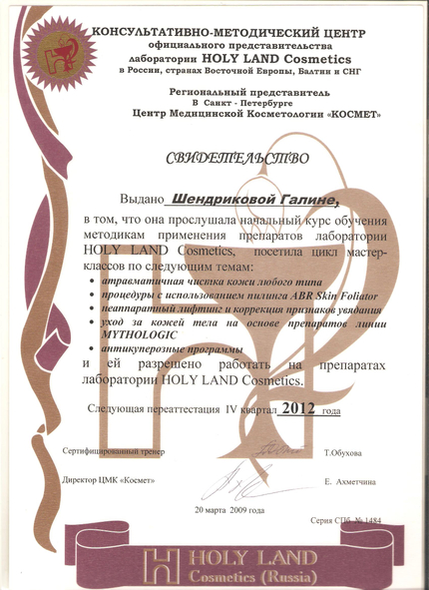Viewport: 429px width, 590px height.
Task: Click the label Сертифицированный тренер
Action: point(111,453)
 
